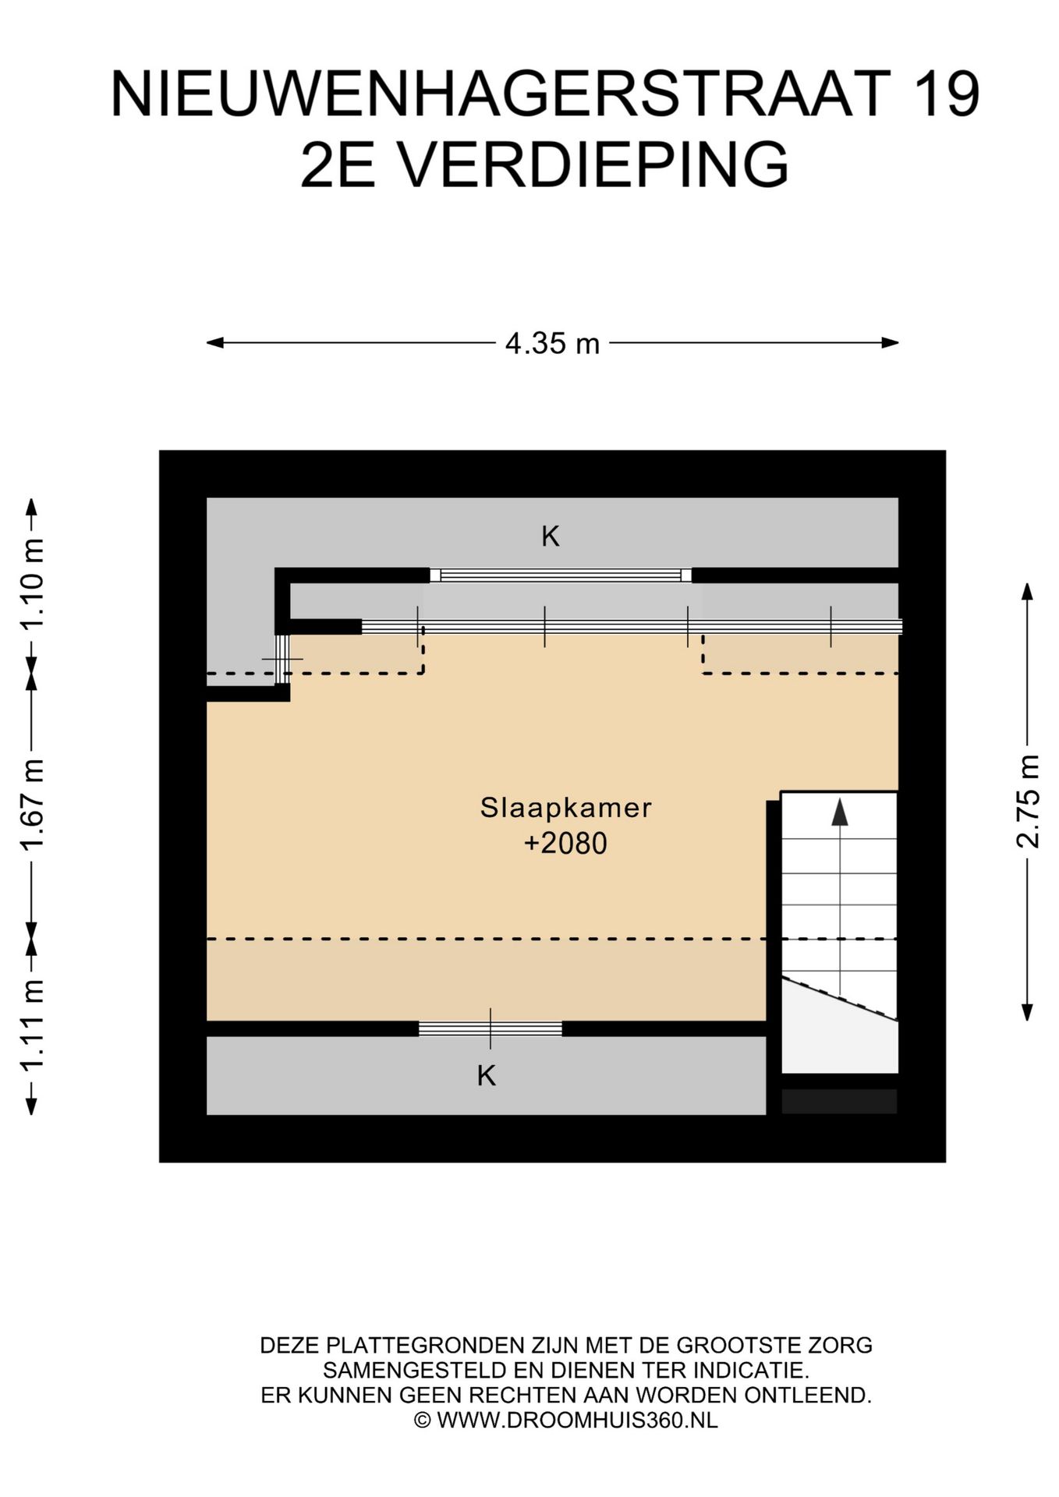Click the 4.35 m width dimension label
tap(552, 343)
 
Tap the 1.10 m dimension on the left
tap(32, 584)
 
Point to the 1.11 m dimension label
tap(32, 1025)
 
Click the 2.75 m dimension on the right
tap(1028, 802)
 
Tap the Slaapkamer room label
tap(565, 807)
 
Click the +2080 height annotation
tap(565, 844)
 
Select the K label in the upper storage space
tap(551, 536)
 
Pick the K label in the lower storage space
tap(487, 1076)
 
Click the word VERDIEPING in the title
tap(593, 164)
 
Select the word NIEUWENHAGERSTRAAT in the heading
tap(501, 94)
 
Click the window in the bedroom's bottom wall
tap(491, 1028)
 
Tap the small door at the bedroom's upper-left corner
tap(282, 660)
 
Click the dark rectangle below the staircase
tap(839, 1101)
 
